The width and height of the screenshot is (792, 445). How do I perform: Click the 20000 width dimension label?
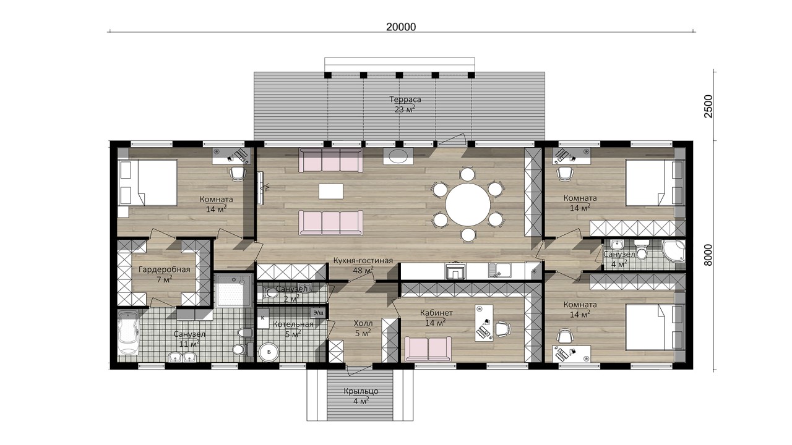[401, 27]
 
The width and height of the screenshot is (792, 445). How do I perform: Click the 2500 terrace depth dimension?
[709, 106]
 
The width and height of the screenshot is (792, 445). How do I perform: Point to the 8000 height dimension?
[708, 255]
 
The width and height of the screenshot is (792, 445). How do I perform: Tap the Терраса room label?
[405, 100]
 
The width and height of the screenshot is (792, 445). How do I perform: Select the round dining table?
[468, 204]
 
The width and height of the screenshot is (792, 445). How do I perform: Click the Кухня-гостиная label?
[363, 261]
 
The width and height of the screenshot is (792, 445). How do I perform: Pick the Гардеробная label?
[164, 270]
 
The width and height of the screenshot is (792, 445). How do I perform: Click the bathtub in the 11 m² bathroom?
[127, 332]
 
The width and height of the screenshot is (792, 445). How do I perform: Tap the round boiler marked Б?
[269, 352]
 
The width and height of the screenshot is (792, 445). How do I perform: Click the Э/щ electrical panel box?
[318, 313]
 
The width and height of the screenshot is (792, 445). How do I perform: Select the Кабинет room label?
[436, 313]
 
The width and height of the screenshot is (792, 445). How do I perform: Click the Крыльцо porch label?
[361, 391]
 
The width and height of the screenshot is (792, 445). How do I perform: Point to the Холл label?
[363, 323]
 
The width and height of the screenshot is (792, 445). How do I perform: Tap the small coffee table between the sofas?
[331, 192]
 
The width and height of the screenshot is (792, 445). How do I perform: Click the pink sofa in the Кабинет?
[428, 349]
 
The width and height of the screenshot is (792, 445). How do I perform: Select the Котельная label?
[293, 324]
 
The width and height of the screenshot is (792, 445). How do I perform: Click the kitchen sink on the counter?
[499, 270]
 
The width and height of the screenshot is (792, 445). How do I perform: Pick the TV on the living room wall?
[260, 187]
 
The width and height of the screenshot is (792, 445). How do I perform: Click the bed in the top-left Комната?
[147, 183]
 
